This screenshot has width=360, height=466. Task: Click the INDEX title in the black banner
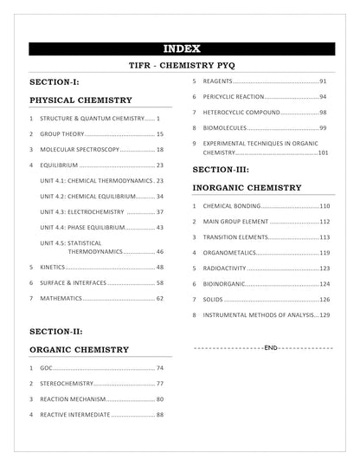point(182,49)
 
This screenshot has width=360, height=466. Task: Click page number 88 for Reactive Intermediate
point(159,414)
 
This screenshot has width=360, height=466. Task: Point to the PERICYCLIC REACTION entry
point(235,97)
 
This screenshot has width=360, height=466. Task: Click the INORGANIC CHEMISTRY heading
point(247,187)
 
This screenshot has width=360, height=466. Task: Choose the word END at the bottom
point(269,346)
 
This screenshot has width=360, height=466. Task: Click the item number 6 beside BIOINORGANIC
point(195,283)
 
